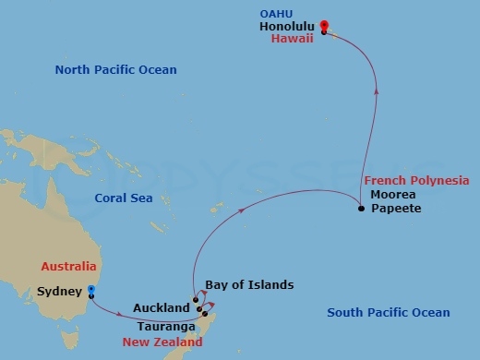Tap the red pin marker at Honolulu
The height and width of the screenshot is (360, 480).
[x=324, y=28]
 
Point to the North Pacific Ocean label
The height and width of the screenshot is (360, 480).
[x=115, y=70]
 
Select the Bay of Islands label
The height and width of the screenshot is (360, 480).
[x=249, y=285]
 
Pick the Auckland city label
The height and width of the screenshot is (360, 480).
[x=161, y=306]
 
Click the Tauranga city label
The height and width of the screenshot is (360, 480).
[x=165, y=327]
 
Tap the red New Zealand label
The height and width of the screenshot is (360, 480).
[x=164, y=342]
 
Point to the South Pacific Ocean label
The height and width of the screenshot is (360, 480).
[x=389, y=313]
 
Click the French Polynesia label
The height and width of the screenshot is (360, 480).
[x=416, y=180]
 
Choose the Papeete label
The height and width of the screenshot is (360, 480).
[x=395, y=209]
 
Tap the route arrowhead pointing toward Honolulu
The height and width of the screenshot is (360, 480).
[x=375, y=90]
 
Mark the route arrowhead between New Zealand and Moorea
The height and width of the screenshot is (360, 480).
[x=242, y=210]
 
